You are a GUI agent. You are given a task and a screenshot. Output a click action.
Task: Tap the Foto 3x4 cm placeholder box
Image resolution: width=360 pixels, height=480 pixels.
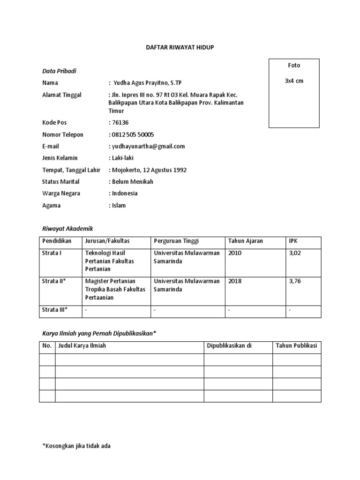click(x=294, y=93)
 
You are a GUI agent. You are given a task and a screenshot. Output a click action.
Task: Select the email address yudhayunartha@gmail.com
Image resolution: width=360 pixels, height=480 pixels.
click(x=148, y=146)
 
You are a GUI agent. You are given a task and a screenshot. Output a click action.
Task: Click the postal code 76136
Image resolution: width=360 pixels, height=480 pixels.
click(x=119, y=123)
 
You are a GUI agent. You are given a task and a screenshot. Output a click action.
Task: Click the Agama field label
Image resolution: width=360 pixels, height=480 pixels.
click(x=51, y=205)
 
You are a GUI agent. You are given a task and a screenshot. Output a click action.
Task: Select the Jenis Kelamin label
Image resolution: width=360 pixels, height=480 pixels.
click(x=60, y=158)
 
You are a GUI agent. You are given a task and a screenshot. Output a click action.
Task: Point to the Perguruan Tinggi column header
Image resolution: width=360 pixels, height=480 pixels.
click(x=176, y=241)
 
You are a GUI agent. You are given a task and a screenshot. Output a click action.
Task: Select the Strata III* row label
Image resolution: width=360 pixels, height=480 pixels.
click(x=55, y=309)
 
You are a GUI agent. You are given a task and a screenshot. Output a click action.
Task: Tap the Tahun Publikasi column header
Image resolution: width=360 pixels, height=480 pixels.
click(x=296, y=346)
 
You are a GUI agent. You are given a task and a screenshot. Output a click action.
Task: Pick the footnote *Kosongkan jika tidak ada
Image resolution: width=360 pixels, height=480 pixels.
click(x=76, y=446)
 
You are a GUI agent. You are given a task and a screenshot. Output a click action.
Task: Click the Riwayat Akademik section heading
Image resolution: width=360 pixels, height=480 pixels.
click(x=67, y=228)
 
